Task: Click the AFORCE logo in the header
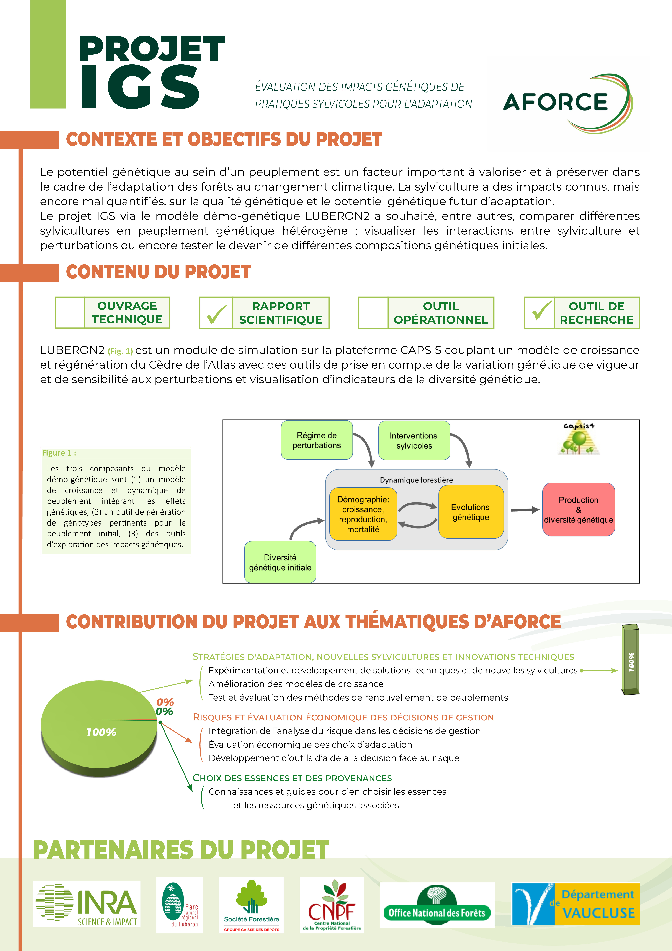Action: pyautogui.click(x=567, y=103)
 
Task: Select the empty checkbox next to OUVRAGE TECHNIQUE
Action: pyautogui.click(x=70, y=313)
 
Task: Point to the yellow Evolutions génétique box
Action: pyautogui.click(x=471, y=512)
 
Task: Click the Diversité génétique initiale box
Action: pyautogui.click(x=280, y=562)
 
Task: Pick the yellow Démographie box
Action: pyautogui.click(x=363, y=514)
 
